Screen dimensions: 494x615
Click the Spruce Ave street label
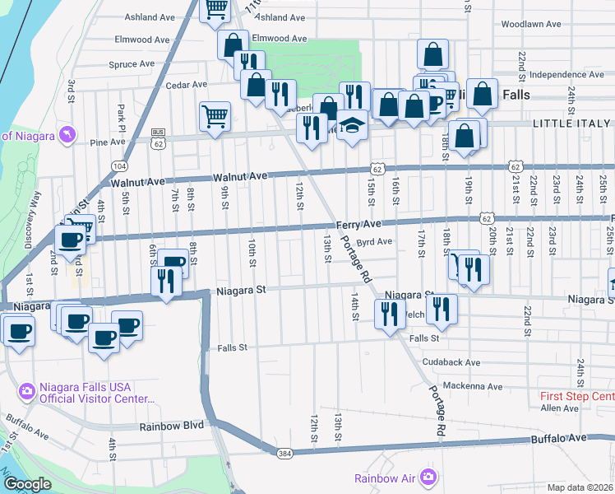[132, 63]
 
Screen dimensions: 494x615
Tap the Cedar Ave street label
[186, 85]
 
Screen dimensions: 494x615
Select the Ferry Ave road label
[358, 224]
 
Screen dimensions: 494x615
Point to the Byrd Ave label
[374, 242]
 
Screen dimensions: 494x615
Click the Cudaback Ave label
[450, 362]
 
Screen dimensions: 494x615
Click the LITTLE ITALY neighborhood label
[572, 123]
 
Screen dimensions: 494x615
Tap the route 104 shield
[120, 165]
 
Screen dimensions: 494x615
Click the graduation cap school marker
[353, 126]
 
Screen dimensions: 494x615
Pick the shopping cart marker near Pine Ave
[215, 115]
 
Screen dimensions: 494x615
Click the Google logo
[27, 484]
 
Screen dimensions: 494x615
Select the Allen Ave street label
[560, 408]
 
